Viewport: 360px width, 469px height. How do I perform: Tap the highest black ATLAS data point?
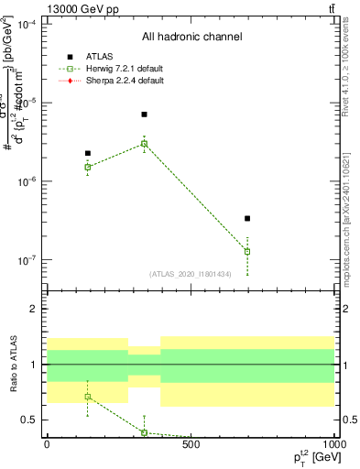click(x=144, y=115)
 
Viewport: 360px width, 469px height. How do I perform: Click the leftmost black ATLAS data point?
click(x=88, y=153)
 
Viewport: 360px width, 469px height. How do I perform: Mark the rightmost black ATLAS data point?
click(x=247, y=218)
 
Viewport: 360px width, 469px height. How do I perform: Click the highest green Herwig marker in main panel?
click(x=144, y=143)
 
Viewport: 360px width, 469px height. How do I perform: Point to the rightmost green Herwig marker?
click(x=247, y=251)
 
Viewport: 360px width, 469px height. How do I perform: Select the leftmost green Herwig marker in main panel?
click(x=88, y=167)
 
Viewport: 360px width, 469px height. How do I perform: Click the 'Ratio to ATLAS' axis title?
click(x=12, y=364)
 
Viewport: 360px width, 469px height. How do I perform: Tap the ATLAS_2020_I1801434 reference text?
click(x=191, y=274)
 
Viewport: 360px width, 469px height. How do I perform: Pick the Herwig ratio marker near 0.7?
click(x=88, y=397)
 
